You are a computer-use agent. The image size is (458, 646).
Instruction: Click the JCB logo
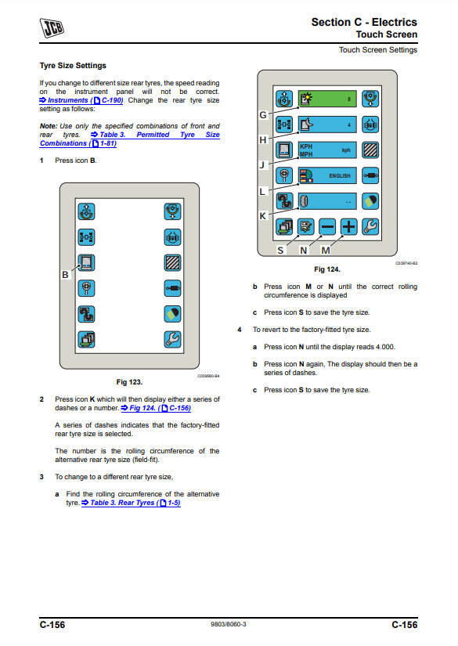(52, 28)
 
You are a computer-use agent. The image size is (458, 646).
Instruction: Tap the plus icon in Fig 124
(349, 226)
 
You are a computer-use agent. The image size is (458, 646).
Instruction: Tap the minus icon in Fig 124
(327, 226)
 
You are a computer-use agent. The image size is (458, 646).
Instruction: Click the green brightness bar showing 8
(327, 99)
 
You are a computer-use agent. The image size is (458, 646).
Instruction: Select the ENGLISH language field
(327, 175)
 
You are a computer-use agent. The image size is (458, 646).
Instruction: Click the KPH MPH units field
(327, 150)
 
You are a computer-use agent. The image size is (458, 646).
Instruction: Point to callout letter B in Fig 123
(65, 275)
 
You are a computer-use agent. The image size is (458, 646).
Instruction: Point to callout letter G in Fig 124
(263, 115)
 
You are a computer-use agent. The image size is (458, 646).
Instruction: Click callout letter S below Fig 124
(280, 251)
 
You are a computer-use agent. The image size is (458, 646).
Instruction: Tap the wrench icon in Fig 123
(172, 340)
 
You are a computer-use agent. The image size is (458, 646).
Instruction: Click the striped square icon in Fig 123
(172, 263)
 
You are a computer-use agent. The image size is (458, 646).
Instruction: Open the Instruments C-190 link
(81, 100)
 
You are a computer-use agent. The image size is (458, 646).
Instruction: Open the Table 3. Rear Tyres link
(131, 503)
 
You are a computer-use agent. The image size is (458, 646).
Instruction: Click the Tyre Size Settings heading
(73, 66)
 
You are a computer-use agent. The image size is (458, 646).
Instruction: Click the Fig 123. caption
(129, 382)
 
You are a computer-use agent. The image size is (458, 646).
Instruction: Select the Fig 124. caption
(327, 269)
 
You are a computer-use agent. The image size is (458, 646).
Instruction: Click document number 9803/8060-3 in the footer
(229, 624)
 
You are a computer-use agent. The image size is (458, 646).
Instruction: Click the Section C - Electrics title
(364, 22)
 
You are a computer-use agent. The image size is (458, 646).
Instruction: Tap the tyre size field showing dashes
(327, 201)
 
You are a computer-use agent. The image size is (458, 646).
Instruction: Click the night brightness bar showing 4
(327, 125)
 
